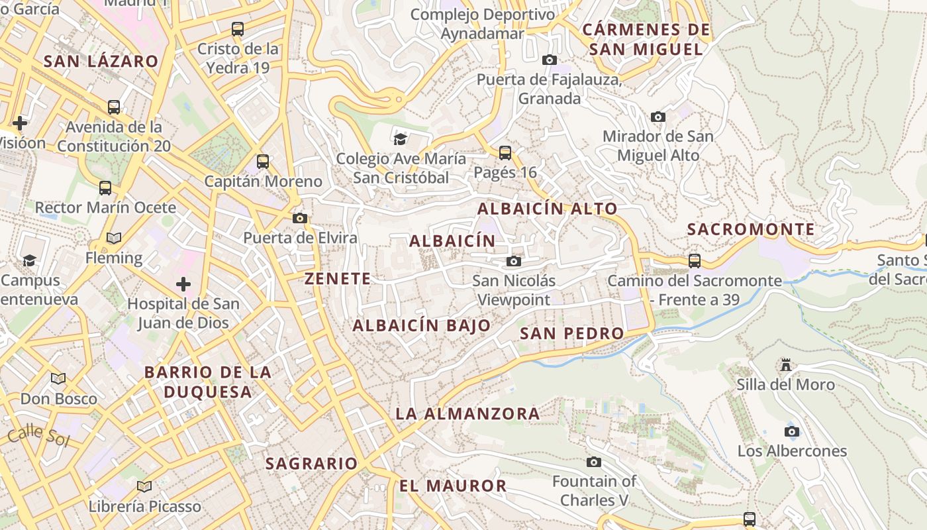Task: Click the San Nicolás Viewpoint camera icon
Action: coord(513,261)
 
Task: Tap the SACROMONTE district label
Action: coord(751,230)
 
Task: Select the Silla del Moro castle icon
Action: coord(786,365)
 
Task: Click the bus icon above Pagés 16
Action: coord(505,153)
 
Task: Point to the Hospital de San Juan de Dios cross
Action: coord(183,284)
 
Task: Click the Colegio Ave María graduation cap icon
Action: coord(401,138)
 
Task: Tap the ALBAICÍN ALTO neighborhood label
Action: coord(547,209)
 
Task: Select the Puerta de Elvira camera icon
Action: coord(300,218)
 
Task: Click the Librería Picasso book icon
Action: coord(144,486)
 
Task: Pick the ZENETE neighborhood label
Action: coord(338,279)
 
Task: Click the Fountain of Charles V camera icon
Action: coord(594,462)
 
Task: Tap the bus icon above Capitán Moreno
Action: coord(263,161)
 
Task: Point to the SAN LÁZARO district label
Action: coord(101,62)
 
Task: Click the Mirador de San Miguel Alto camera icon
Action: coord(658,117)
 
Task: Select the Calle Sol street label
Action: coord(38,436)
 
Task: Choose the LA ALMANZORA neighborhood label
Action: coord(467,414)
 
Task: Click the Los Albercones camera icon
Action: coord(791,432)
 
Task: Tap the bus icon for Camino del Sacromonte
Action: coord(694,261)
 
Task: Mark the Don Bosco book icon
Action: coord(58,378)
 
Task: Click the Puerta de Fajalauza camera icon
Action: coord(549,60)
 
